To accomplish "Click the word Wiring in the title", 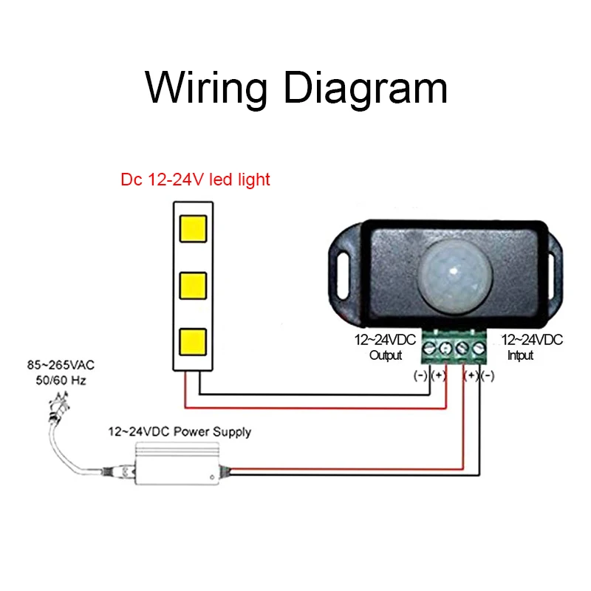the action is point(206,88).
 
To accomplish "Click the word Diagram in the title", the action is point(366,88).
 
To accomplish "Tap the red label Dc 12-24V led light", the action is point(195,180).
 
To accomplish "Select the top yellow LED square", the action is point(193,228).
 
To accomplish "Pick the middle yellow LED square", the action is point(193,285).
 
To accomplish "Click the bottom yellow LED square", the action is point(193,342).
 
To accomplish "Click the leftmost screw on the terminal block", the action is point(429,348).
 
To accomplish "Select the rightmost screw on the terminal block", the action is point(479,348).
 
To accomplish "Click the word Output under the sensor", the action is point(386,355).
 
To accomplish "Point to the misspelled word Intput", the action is point(521,355).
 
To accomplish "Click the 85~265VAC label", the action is point(61,365).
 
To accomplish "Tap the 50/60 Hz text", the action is point(61,380).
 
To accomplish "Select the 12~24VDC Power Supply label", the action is point(180,432).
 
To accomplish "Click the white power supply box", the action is point(177,464).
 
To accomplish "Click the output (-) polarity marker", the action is point(420,375).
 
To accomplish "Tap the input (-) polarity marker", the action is point(488,375).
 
